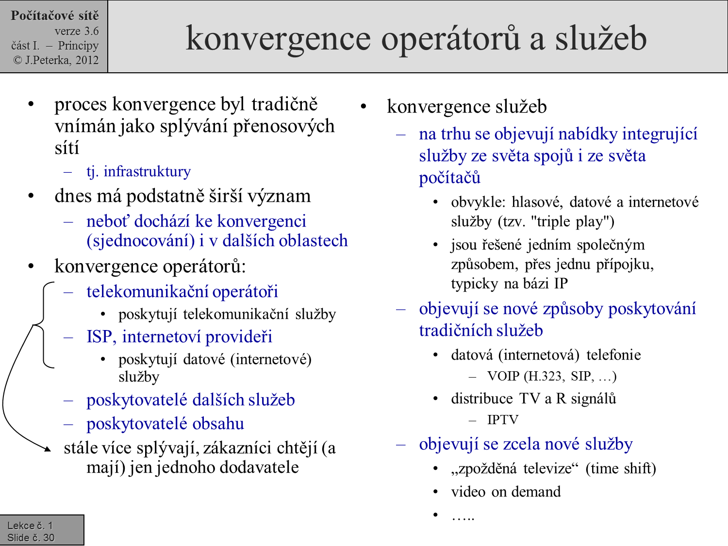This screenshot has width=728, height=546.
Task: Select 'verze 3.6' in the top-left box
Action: [77, 31]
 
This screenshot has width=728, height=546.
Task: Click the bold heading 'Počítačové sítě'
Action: [54, 16]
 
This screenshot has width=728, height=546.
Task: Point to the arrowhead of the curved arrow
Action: [48, 449]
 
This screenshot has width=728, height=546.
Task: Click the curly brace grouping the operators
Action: [43, 324]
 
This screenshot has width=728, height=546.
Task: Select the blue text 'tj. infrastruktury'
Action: [138, 171]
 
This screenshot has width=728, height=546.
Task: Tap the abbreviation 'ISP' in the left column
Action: [99, 337]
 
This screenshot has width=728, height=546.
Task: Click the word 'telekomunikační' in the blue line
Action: [147, 292]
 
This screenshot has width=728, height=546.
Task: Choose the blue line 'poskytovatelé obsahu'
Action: [165, 424]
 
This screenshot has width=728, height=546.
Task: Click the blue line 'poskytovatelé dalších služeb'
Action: [190, 400]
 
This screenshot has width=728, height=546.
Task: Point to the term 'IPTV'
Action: [503, 420]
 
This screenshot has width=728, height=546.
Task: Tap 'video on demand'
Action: [506, 492]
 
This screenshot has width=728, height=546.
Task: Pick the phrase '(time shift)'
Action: [621, 468]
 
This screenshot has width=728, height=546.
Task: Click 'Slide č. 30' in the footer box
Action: [31, 538]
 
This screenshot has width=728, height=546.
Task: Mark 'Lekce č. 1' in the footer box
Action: [30, 526]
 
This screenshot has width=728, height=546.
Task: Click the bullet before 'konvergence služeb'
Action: [364, 107]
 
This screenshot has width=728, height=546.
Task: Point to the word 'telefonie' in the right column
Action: [613, 355]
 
